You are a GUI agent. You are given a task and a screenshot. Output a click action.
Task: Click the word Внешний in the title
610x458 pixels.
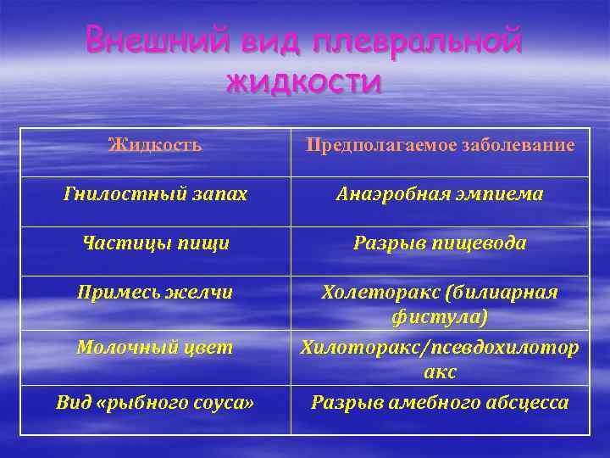click(145, 41)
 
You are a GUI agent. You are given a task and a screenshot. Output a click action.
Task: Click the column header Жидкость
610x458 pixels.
click(155, 145)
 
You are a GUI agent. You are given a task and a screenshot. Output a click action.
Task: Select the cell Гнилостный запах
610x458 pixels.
click(155, 194)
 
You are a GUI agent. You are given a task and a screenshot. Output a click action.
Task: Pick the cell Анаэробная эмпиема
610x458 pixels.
click(440, 194)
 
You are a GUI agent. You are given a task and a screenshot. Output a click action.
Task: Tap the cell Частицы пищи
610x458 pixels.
click(155, 243)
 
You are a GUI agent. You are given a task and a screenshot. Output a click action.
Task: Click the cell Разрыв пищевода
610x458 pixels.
click(440, 243)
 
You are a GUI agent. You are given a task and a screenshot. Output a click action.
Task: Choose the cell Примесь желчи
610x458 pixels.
click(155, 293)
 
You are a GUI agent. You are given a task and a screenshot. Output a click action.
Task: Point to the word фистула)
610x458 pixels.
click(440, 320)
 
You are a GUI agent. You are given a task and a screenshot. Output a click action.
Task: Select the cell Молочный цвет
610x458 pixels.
click(155, 347)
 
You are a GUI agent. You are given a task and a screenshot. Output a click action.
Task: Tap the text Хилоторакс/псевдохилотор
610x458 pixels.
click(440, 347)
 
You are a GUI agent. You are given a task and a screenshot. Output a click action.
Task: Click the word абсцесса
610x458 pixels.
click(526, 402)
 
